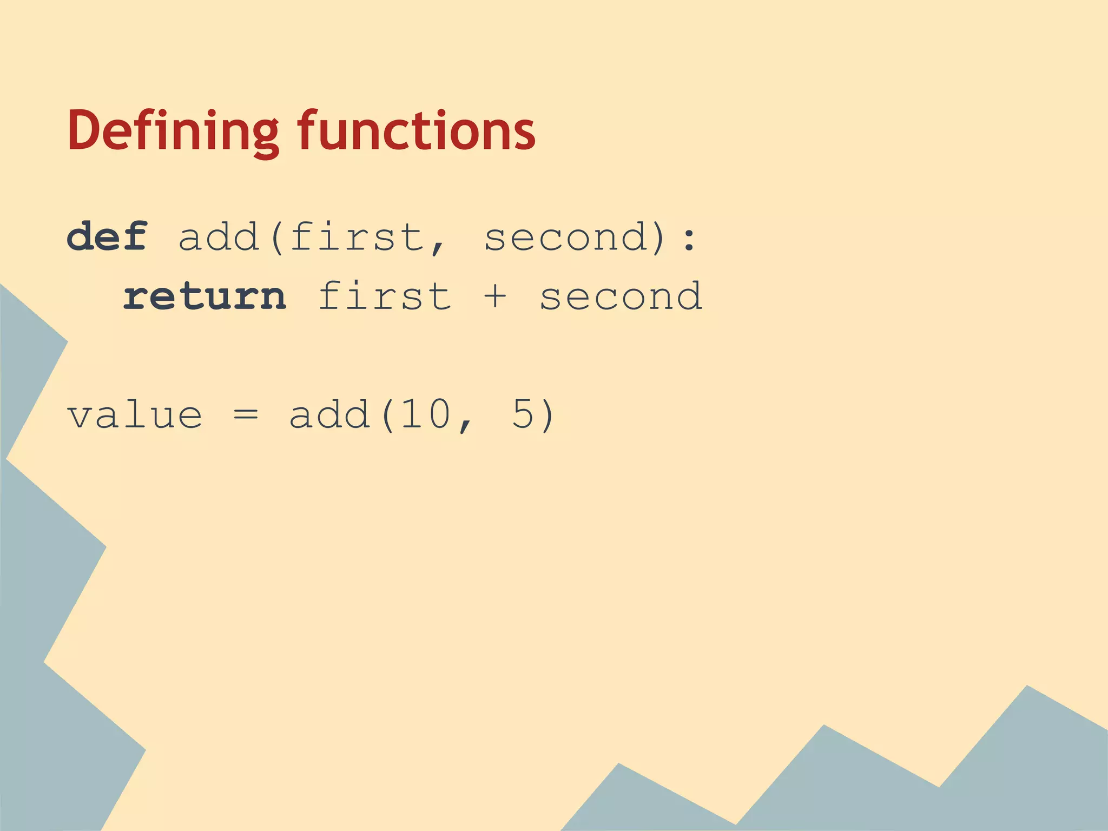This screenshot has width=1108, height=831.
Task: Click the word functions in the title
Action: [416, 131]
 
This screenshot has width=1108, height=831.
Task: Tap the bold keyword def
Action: [107, 237]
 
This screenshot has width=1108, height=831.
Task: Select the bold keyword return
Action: [205, 296]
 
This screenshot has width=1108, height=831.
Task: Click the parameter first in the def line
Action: [357, 237]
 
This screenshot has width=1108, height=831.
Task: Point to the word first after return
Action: [385, 296]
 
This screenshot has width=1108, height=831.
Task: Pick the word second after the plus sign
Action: [621, 296]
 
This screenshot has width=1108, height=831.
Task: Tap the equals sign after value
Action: [246, 415]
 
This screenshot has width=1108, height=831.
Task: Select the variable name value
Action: [135, 415]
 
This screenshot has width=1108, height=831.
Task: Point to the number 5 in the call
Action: [523, 414]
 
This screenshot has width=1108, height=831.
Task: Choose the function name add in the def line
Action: [219, 237]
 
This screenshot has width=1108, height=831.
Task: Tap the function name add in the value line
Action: [329, 414]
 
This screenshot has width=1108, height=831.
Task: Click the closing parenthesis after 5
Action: [548, 415]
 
